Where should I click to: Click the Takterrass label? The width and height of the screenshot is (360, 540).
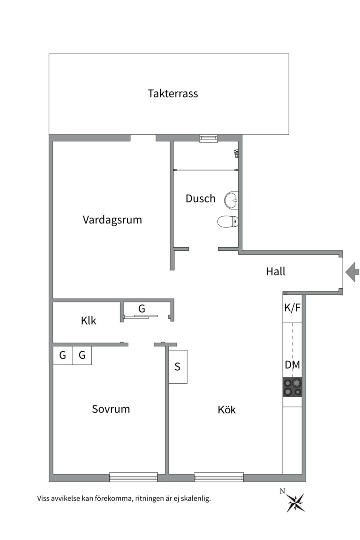(173, 93)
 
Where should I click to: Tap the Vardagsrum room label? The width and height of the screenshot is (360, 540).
(112, 220)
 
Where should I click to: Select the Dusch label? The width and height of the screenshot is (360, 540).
(201, 198)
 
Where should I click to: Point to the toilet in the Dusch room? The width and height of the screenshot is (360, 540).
(228, 222)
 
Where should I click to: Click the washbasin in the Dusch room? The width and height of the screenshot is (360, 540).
(231, 199)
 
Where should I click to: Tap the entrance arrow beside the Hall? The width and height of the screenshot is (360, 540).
(352, 272)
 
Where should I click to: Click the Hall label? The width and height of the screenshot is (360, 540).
(276, 271)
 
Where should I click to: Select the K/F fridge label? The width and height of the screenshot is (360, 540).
(292, 308)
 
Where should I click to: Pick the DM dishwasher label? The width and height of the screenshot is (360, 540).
(292, 365)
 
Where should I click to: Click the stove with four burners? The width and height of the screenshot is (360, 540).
(292, 387)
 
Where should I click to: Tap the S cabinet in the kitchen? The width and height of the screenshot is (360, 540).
(178, 367)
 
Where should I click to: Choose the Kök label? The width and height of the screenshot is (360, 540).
(227, 410)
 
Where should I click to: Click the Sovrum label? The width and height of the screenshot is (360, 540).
(111, 409)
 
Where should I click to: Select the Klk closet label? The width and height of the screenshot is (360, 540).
(89, 321)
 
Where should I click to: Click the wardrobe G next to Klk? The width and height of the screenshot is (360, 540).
(142, 309)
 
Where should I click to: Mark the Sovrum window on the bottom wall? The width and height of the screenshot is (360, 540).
(133, 477)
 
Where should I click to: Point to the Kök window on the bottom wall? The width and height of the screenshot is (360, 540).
(219, 477)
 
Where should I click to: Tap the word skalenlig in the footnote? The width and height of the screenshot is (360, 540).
(195, 498)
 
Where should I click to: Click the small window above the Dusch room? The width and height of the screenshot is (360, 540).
(209, 138)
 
